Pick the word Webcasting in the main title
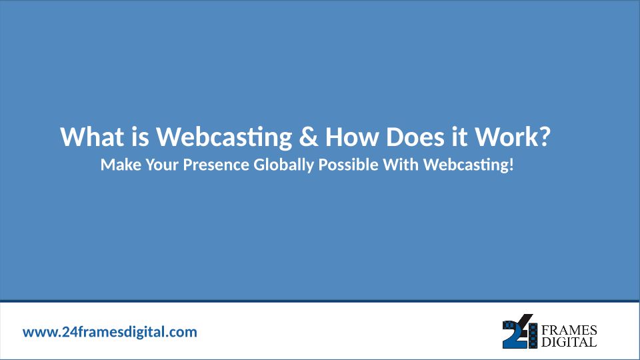coord(224,137)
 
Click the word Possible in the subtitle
coord(348,165)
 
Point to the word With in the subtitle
coord(401,165)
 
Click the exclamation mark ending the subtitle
coord(511,165)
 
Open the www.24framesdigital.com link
coord(110,332)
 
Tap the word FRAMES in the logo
coord(569,330)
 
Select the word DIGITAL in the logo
coord(569,342)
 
